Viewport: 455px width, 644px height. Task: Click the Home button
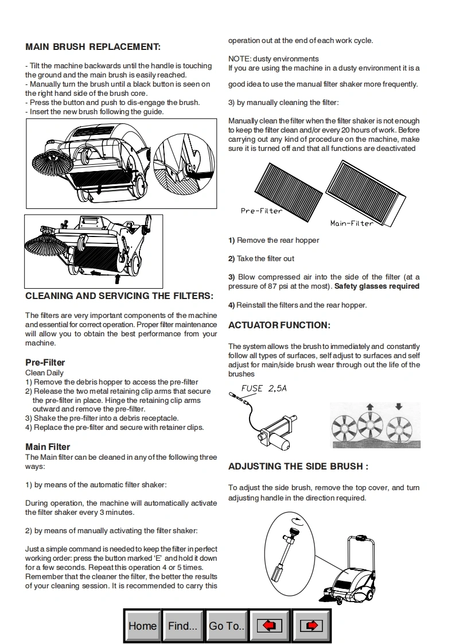[142, 626]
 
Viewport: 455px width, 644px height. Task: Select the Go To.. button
[226, 626]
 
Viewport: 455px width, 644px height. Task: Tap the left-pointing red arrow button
[269, 626]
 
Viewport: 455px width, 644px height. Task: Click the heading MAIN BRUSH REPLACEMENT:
[93, 46]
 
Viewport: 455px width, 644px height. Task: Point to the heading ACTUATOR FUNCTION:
[279, 325]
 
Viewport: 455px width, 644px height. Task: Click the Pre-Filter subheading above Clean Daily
[45, 362]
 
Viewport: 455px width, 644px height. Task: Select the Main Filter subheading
[48, 447]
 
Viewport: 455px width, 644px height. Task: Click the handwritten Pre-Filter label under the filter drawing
[262, 211]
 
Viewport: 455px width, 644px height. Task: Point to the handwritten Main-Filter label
[352, 223]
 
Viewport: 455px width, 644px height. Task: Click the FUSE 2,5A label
[264, 389]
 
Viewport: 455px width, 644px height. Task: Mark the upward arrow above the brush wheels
[370, 407]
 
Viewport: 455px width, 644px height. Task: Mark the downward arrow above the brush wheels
[399, 407]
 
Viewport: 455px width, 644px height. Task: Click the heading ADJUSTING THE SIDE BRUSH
[298, 466]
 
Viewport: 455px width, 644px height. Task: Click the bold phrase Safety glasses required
[377, 286]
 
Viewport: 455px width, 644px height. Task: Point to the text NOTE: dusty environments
[273, 59]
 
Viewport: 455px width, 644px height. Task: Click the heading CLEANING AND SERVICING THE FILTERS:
[119, 296]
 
